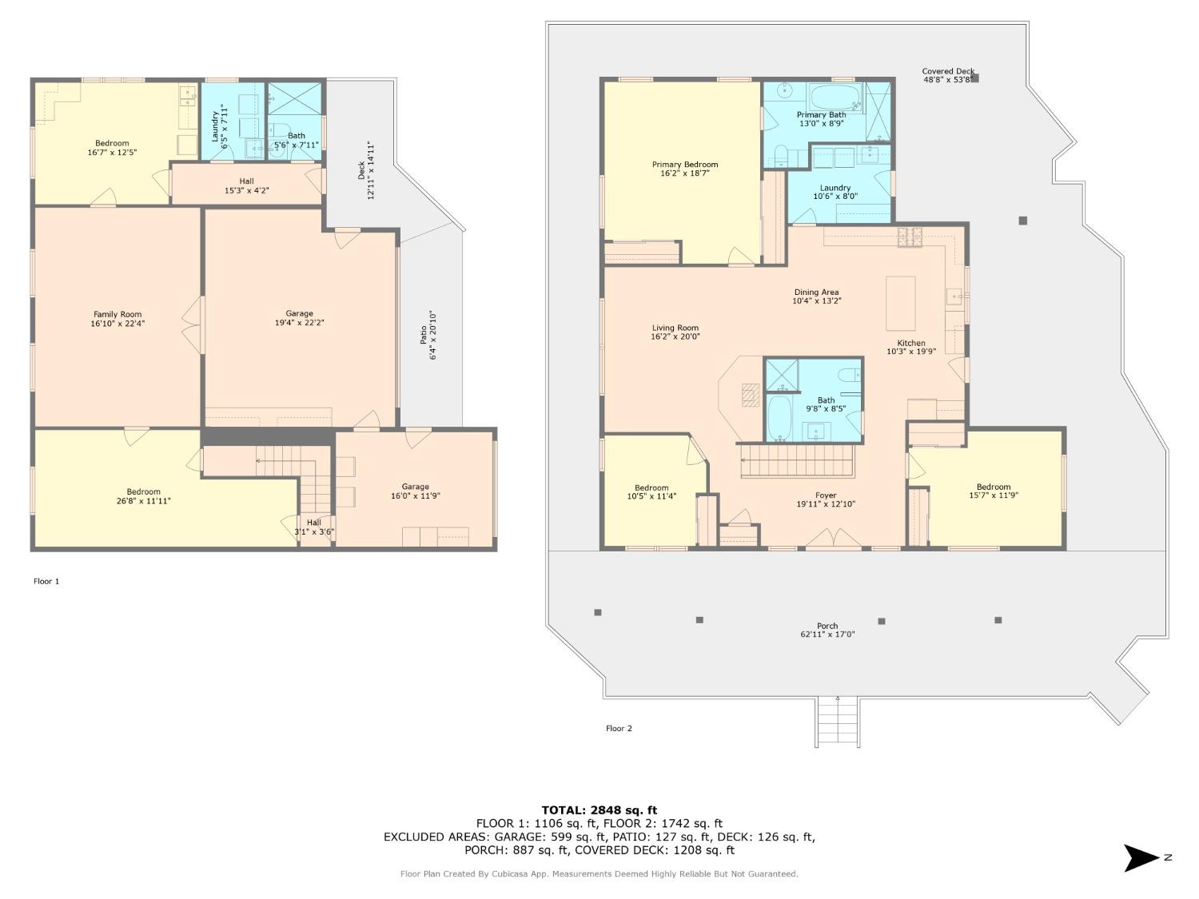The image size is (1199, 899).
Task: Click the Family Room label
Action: tap(118, 314)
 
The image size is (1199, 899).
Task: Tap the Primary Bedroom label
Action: tap(685, 165)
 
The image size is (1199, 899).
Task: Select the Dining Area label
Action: tap(817, 292)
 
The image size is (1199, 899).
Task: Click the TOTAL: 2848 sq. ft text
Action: tap(599, 810)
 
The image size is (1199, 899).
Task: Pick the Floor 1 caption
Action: tap(46, 581)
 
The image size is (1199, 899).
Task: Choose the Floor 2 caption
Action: tap(619, 728)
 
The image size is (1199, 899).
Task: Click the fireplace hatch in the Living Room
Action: tap(751, 395)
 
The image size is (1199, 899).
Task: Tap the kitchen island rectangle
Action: tap(901, 304)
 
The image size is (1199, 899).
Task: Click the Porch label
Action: tap(827, 626)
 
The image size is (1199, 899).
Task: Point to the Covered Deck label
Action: tap(948, 71)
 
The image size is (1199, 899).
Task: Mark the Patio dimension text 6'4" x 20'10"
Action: tap(433, 336)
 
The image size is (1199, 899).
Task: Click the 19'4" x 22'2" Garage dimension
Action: tap(299, 323)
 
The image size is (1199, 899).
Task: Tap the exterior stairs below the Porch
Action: tap(838, 722)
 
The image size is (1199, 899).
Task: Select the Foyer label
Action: tap(826, 495)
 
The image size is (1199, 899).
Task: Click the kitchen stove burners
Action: tap(910, 237)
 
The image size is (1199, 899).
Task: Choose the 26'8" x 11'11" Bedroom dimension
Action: tap(144, 500)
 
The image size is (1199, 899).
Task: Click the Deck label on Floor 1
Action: tap(361, 170)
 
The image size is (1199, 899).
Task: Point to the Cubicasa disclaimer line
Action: tap(599, 874)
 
